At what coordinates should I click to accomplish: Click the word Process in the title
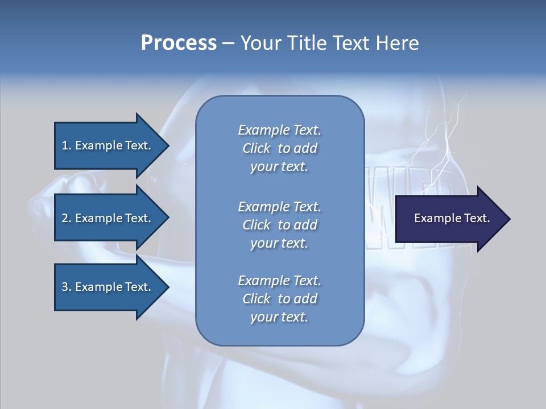click(179, 43)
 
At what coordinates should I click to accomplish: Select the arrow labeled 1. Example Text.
click(108, 145)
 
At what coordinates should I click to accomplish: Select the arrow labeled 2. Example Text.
click(108, 218)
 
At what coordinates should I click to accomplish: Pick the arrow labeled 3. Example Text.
click(108, 287)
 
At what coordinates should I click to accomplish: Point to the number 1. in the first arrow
click(67, 145)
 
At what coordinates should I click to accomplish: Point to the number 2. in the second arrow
click(67, 218)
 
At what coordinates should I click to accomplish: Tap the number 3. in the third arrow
click(67, 287)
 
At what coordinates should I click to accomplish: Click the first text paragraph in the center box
click(279, 148)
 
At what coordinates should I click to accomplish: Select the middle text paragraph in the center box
click(279, 224)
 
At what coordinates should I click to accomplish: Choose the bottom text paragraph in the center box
click(279, 299)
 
